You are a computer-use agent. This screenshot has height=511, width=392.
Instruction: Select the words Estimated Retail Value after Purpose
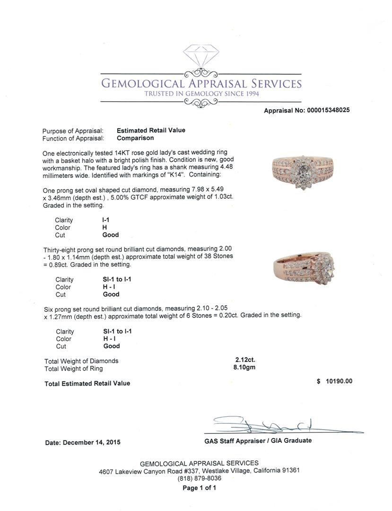point(151,130)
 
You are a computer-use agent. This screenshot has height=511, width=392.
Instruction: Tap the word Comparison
point(135,138)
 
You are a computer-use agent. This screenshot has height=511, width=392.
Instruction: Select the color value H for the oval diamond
point(105,228)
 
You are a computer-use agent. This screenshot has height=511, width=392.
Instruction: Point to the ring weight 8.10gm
point(244,367)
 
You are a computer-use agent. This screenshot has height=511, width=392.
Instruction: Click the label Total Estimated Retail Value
point(87,383)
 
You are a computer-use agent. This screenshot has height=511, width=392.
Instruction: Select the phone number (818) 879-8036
point(199,478)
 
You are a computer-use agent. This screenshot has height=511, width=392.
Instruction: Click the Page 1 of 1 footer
point(199,488)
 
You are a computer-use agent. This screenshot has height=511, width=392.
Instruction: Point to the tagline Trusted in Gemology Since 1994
point(201,94)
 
